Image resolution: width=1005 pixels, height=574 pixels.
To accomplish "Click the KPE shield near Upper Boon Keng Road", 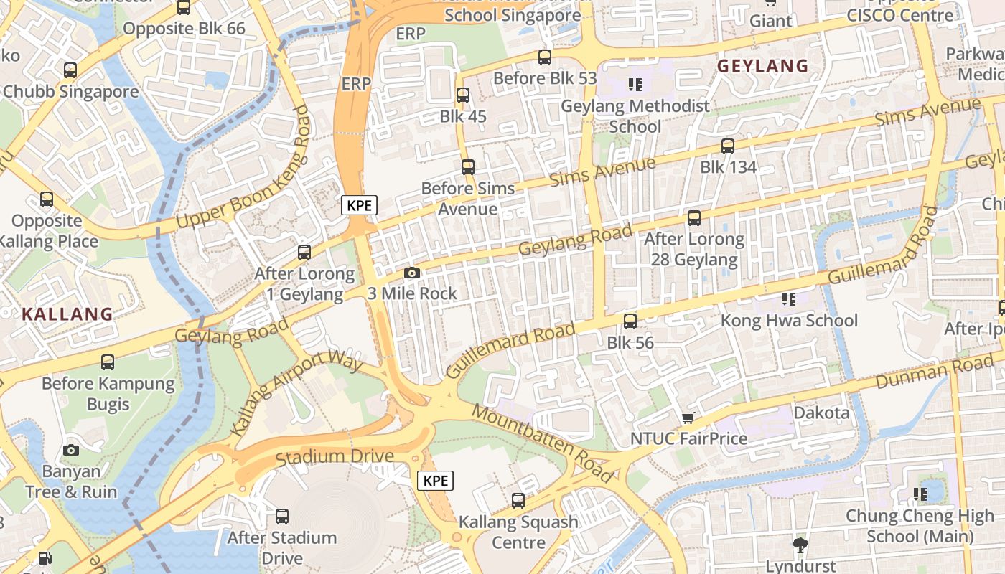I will click(359, 205).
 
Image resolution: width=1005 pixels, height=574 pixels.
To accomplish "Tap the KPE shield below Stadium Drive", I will click(436, 481).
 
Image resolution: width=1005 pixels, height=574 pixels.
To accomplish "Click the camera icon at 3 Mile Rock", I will click(411, 273).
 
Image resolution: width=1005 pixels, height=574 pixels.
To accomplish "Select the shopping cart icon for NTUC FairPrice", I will click(688, 418).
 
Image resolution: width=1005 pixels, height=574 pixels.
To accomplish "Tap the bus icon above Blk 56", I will click(630, 321).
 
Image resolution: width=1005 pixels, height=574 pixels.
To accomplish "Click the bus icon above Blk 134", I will click(728, 146).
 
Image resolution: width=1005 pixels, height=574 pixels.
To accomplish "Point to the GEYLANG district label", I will click(763, 66).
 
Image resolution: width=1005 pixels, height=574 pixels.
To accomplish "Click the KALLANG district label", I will click(67, 314).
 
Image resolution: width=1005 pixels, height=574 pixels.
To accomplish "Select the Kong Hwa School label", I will click(789, 320).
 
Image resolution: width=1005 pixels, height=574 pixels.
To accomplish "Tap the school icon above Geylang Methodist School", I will click(635, 85).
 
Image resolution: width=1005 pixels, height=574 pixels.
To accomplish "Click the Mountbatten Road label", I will click(543, 443).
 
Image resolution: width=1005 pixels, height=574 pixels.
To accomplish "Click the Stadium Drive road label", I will click(335, 456).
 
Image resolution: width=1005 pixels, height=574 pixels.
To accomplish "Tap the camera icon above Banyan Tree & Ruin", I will click(70, 450).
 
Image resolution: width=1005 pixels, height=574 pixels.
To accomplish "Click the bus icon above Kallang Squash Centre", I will click(518, 500).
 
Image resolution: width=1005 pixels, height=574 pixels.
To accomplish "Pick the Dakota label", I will click(821, 413).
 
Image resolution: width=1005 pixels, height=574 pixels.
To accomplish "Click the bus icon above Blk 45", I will click(463, 95).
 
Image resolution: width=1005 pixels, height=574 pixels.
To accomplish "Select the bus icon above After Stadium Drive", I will click(282, 516).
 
